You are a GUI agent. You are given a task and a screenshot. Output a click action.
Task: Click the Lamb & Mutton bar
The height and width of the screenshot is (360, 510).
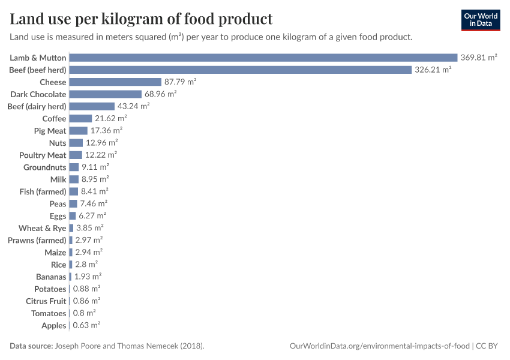263,58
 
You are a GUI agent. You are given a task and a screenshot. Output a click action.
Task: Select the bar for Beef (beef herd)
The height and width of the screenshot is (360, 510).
240,70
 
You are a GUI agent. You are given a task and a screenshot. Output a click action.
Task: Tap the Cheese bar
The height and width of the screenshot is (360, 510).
115,82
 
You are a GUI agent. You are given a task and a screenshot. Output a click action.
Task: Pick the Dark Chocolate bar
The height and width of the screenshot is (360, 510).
106,94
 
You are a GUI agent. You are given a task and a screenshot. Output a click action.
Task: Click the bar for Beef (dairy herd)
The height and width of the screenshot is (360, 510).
92,106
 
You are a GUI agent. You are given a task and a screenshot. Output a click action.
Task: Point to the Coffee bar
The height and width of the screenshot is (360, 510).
80,119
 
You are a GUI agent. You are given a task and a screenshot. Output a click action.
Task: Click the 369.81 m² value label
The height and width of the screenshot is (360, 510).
479,58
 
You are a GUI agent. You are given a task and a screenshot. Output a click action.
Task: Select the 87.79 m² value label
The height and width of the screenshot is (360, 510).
181,82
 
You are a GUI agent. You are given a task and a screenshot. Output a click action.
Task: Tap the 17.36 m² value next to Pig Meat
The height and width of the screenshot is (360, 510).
106,131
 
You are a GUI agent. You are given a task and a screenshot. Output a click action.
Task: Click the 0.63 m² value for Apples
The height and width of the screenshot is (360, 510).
86,325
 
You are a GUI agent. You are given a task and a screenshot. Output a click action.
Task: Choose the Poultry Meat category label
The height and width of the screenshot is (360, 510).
43,155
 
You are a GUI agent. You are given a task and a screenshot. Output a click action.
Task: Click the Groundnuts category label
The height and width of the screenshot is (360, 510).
44,167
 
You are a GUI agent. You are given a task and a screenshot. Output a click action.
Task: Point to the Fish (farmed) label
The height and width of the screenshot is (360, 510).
43,192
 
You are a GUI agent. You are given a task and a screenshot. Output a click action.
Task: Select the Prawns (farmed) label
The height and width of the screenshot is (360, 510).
37,241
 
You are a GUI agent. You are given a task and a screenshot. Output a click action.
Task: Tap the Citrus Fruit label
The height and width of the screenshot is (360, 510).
46,301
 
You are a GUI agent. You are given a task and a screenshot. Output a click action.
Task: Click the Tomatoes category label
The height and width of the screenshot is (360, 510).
49,313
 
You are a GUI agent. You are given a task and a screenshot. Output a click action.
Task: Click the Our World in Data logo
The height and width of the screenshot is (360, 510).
481,20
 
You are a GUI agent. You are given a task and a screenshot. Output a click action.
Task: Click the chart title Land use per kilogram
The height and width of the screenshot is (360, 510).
141,19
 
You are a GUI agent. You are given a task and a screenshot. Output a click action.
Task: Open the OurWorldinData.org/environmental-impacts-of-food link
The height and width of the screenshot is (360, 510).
380,346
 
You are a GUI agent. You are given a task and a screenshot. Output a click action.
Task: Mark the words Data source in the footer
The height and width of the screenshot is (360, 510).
31,346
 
